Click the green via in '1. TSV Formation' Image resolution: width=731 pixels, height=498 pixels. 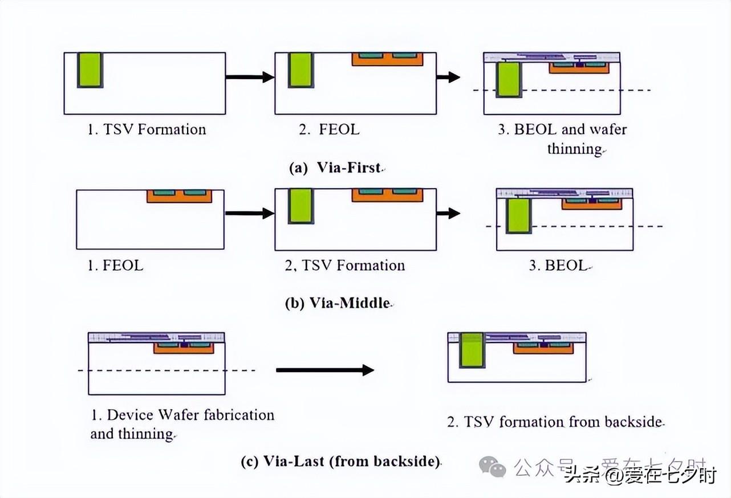point(90,70)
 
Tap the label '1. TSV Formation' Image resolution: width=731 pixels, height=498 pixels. point(146,129)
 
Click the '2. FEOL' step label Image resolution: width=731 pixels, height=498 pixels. point(329,129)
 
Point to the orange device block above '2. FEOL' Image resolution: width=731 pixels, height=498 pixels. point(387,59)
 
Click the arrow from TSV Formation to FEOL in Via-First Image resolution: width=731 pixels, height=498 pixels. point(250,77)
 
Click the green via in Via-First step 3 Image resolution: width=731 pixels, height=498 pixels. point(509,79)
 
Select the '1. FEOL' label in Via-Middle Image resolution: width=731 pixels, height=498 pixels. point(115,266)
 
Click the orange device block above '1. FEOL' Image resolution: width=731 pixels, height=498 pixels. point(179,196)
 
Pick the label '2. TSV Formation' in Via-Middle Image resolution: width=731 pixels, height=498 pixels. point(344,266)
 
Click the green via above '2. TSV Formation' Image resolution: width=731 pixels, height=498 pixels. point(300,206)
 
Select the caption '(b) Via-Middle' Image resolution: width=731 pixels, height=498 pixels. point(338,303)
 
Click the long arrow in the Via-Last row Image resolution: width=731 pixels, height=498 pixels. point(324,370)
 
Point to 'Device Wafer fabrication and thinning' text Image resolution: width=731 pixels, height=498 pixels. point(182,424)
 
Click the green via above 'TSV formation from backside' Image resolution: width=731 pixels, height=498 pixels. point(471,350)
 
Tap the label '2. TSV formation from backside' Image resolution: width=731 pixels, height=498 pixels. point(555,422)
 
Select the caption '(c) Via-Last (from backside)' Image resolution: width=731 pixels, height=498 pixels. point(340,461)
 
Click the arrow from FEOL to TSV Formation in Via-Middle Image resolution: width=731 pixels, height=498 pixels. point(250,214)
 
